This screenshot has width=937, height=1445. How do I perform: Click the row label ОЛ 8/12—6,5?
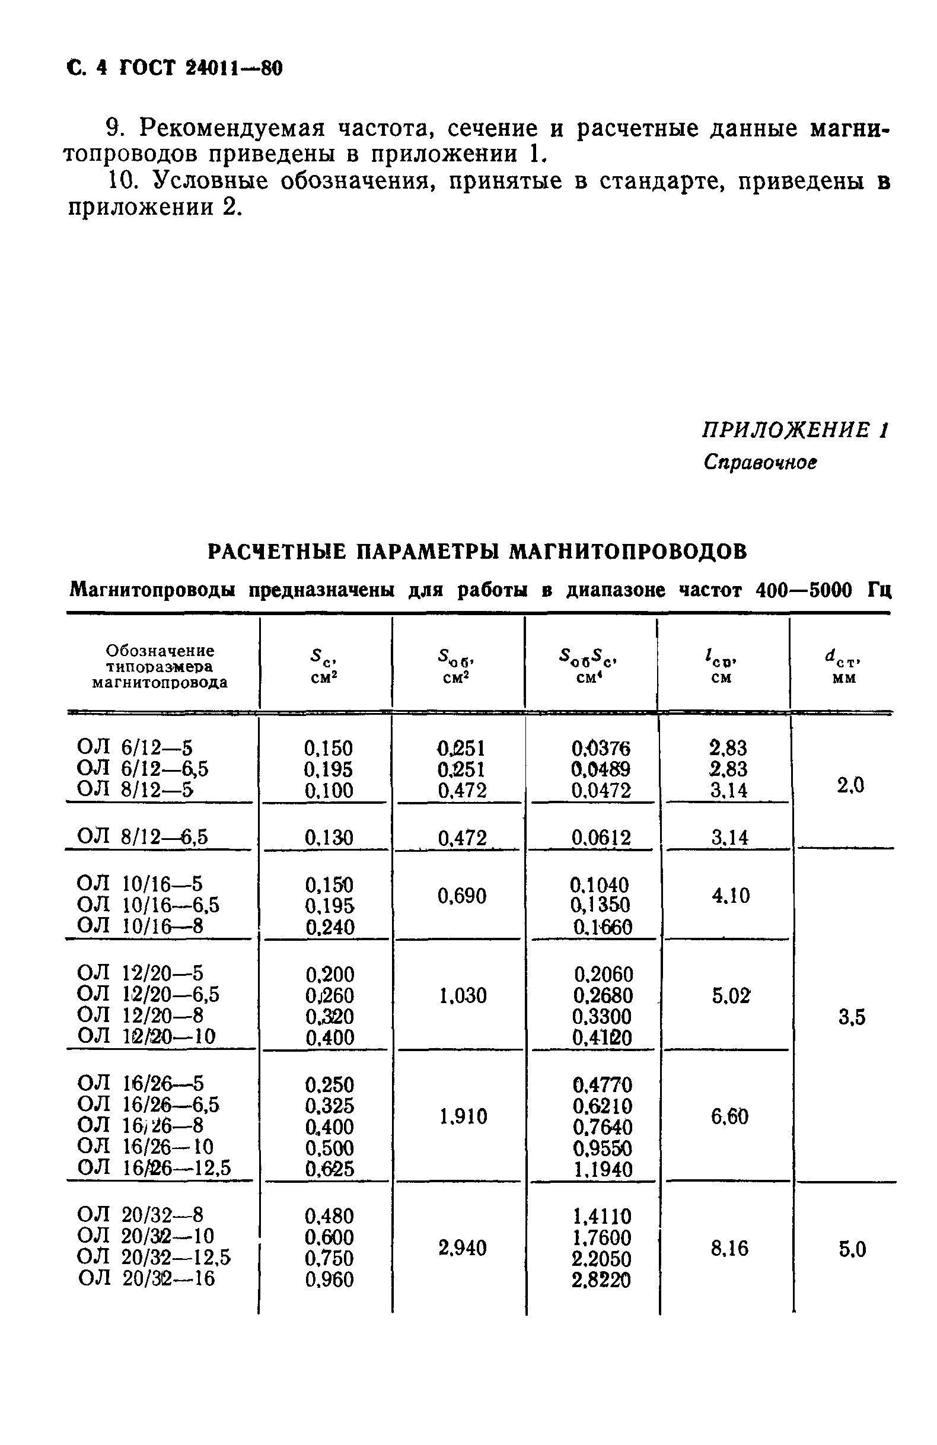click(x=142, y=836)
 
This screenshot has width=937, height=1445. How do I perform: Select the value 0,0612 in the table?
click(x=601, y=838)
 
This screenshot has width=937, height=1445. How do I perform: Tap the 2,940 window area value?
click(x=463, y=1248)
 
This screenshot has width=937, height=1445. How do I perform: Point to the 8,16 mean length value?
click(x=729, y=1248)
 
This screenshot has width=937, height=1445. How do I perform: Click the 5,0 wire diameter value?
click(x=852, y=1249)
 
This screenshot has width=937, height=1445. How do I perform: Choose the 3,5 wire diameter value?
click(x=852, y=1017)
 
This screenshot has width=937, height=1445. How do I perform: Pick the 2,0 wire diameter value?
click(x=850, y=785)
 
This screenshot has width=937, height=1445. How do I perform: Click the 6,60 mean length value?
click(x=729, y=1116)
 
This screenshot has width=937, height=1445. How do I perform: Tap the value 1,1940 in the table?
click(x=602, y=1169)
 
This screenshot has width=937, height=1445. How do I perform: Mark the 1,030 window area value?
click(x=463, y=995)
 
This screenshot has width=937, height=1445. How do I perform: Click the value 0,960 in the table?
click(x=329, y=1280)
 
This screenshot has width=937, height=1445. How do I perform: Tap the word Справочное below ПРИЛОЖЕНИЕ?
click(x=760, y=463)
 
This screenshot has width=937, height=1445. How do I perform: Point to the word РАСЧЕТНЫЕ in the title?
click(x=277, y=551)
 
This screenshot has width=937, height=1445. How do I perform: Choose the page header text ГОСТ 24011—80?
click(x=201, y=69)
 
